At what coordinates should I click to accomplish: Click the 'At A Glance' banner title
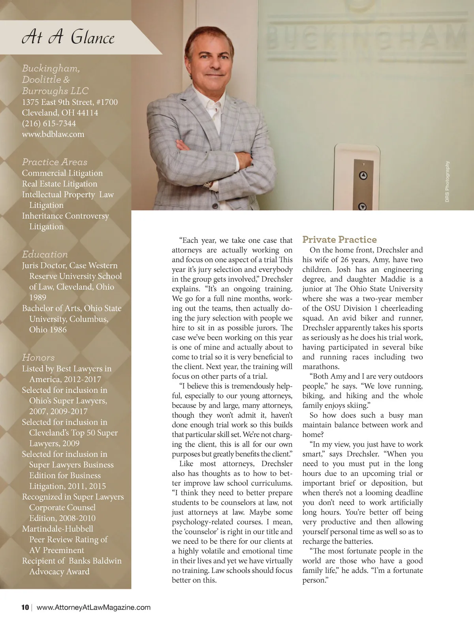tap(68, 37)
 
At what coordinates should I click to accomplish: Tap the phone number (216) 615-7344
tap(49, 123)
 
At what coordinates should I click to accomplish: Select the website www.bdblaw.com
tap(53, 134)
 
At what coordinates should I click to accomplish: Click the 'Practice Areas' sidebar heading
tap(55, 162)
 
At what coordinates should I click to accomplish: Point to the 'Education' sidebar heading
tap(45, 254)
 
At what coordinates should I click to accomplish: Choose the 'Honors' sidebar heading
tap(38, 357)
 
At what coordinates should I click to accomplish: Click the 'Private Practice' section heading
tap(339, 239)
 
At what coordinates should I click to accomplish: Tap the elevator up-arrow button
tap(362, 176)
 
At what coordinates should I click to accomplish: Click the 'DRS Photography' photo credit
tap(447, 181)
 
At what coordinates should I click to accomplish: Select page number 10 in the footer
tap(25, 607)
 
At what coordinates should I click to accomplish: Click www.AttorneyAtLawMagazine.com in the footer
tap(94, 607)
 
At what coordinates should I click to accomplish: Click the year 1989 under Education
tap(38, 297)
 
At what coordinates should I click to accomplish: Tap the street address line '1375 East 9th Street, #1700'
tap(70, 102)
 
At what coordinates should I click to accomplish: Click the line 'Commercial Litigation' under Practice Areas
tap(62, 173)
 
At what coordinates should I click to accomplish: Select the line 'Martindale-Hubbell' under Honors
tap(58, 529)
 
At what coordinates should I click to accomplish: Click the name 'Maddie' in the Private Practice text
tap(393, 279)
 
